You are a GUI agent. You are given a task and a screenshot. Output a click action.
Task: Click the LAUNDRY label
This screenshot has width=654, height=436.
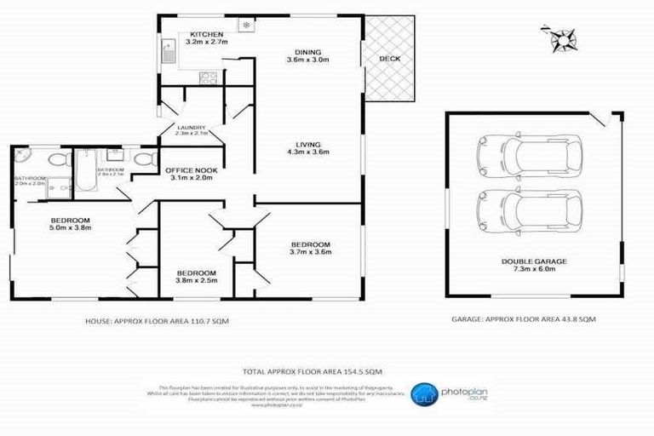pyautogui.click(x=191, y=128)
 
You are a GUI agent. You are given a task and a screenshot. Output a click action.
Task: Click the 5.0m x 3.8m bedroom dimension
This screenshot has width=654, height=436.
pyautogui.click(x=72, y=227)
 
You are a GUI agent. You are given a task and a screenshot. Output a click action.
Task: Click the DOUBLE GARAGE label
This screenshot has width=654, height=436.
pyautogui.click(x=534, y=261)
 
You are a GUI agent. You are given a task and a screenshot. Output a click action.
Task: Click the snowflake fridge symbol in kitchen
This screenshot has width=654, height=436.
pyautogui.click(x=247, y=26)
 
